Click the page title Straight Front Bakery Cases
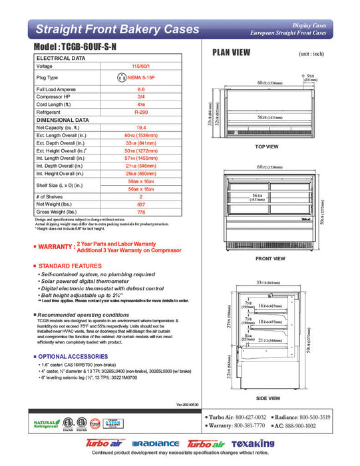click(x=117, y=29)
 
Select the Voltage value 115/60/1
click(x=141, y=67)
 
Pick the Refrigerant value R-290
click(x=141, y=113)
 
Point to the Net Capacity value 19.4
click(x=141, y=128)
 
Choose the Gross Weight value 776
click(x=141, y=212)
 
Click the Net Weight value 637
click(x=141, y=204)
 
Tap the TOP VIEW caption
click(x=267, y=146)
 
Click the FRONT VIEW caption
click(x=270, y=258)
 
